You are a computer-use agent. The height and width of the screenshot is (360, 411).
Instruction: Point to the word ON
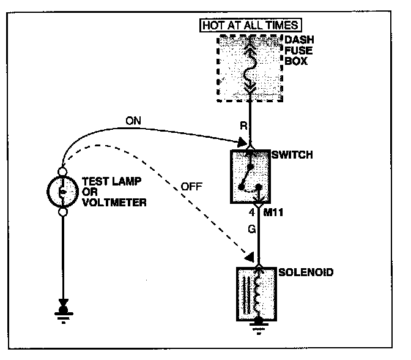coord(133,121)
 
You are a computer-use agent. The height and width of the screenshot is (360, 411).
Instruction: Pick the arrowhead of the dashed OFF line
coord(248,255)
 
